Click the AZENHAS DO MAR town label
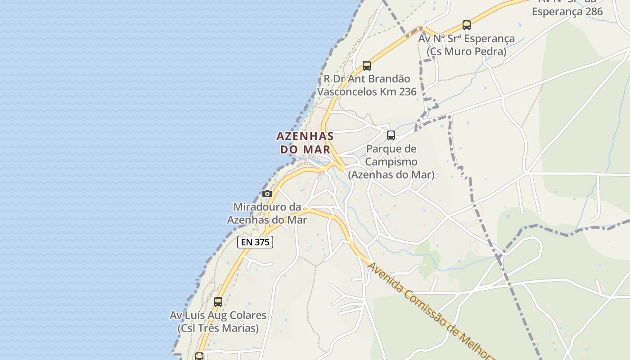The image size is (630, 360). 305,142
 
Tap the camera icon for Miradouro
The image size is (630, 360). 267,193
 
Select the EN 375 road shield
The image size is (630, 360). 255,242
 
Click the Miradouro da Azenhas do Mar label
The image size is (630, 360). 267,213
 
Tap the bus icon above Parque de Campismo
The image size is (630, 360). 391,135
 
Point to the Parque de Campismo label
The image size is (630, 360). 391,162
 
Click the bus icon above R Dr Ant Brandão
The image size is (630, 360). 367,65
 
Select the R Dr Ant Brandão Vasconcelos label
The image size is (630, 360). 367,85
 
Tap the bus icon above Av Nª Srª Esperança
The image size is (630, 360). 467,25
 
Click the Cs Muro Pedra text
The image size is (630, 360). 467,51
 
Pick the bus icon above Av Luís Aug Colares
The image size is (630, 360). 218,301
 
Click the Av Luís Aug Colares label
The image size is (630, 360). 218,315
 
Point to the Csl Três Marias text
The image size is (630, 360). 218,328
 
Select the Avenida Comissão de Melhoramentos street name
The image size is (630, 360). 430,310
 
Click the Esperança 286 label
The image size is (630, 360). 567,11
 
